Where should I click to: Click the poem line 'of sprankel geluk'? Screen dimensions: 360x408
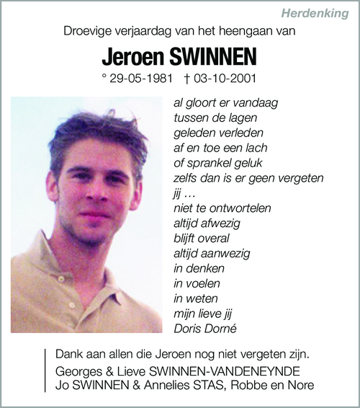213,163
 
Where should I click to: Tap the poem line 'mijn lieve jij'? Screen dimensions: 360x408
203,314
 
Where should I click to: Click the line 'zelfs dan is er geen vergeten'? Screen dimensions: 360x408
248,178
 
